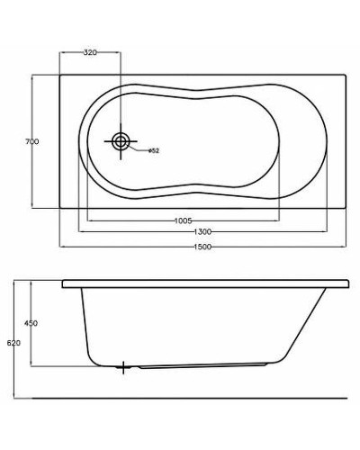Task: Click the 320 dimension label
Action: click(x=89, y=53)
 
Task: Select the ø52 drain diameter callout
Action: click(x=154, y=150)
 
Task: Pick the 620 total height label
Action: click(x=11, y=343)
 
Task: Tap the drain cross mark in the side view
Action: click(x=124, y=367)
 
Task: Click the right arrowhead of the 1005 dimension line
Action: click(x=275, y=219)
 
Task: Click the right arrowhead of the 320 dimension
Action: click(x=119, y=52)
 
